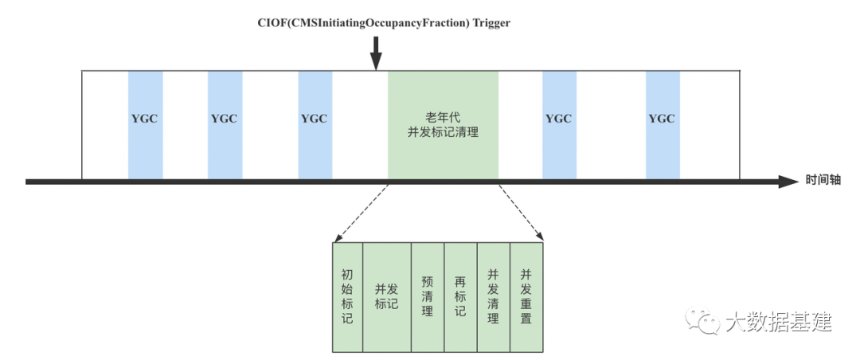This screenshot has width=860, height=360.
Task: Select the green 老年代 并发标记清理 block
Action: coord(443,125)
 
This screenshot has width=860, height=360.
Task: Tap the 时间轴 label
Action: coord(823,181)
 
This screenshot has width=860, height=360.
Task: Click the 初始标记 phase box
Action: coord(346,296)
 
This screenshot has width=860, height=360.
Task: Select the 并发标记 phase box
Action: coord(386,296)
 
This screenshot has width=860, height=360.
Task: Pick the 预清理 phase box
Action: coord(427,296)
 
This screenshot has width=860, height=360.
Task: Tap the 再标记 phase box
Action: coord(459,296)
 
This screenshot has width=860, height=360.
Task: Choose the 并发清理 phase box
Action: coord(493,296)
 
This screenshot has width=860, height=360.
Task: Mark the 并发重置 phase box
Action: coord(526,296)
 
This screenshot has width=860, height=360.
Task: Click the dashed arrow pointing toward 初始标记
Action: coord(361,213)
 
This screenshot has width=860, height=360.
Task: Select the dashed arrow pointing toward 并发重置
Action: coord(521,213)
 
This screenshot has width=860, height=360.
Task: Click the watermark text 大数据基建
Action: coord(778,322)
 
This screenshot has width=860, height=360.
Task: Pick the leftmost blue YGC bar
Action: coord(145,125)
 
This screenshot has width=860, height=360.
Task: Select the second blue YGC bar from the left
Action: coord(225,125)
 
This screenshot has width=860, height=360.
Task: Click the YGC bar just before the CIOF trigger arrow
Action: coord(315,125)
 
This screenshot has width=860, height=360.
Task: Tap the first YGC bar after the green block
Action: coord(559,125)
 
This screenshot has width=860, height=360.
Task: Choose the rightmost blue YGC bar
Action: coord(662,125)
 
